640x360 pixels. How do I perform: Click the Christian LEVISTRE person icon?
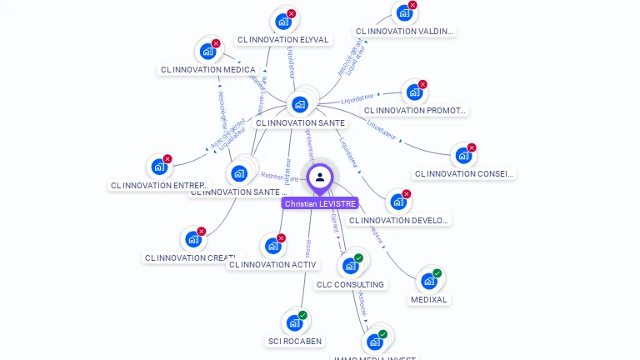pos(320,177)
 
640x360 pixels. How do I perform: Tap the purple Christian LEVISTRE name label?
pos(320,203)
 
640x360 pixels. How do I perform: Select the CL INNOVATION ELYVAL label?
pos(283,39)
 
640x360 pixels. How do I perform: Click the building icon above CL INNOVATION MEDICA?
pos(208,51)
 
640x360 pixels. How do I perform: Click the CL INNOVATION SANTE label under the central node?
pos(300,122)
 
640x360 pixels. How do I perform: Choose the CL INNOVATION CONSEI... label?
pos(464,174)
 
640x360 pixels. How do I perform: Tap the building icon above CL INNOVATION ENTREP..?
pos(159,167)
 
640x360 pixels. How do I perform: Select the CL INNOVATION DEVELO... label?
pos(399,221)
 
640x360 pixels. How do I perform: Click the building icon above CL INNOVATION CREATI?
pos(193,239)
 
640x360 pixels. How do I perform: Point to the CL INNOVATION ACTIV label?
pos(272,265)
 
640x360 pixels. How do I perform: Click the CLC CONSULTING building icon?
pos(350,266)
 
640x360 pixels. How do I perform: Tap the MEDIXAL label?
pos(429,299)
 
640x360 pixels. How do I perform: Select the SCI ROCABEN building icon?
pos(294,322)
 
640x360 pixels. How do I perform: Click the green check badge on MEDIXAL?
pos(437,273)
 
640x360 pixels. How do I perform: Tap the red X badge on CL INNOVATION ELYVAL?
pos(292,13)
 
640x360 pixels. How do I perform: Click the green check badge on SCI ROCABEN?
pos(302,315)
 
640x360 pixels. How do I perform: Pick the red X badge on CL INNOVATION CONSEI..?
pos(472,147)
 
